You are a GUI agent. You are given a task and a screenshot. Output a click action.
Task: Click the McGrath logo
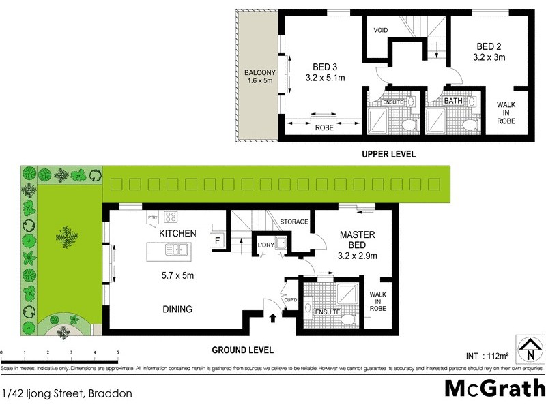494,388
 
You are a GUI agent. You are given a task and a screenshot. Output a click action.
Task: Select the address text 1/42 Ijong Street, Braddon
67,393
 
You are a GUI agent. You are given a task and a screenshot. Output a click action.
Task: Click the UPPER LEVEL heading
388,155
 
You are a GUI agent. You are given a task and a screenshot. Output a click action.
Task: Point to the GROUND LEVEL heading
242,350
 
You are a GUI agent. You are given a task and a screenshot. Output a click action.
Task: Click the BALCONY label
259,77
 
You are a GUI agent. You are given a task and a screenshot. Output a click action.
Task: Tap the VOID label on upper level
381,31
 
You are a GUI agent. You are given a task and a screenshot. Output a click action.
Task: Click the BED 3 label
325,66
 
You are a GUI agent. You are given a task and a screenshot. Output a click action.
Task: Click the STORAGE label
295,222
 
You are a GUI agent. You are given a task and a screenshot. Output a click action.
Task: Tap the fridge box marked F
217,241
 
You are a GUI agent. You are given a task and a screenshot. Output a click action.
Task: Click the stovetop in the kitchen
171,218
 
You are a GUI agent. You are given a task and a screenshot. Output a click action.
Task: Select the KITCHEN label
177,233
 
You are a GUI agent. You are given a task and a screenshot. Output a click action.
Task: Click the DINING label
177,309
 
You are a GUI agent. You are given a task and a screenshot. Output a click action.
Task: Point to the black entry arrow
273,317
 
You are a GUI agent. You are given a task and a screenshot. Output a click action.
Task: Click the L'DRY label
265,245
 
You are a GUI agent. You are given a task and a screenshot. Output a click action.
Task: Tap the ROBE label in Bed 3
324,126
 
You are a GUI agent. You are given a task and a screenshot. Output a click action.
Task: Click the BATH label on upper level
453,101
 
